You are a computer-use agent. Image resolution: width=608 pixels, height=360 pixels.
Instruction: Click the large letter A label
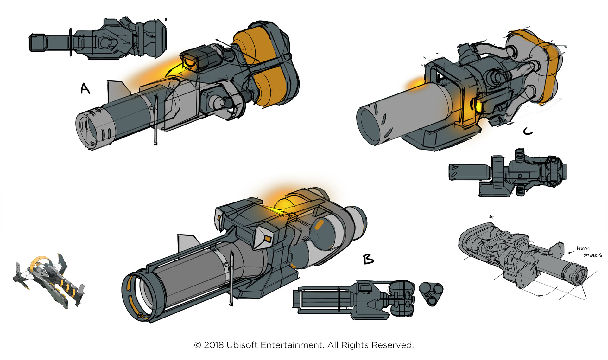point(85,88)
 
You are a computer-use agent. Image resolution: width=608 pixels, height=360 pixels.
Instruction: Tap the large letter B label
point(368,259)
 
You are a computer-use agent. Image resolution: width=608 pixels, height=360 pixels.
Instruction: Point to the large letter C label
point(528,131)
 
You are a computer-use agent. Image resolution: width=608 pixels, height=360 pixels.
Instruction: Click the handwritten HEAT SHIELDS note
point(589,251)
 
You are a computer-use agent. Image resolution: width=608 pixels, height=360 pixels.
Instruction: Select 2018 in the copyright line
point(213,345)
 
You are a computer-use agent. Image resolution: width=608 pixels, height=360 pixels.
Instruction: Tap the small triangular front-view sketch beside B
point(431,293)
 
